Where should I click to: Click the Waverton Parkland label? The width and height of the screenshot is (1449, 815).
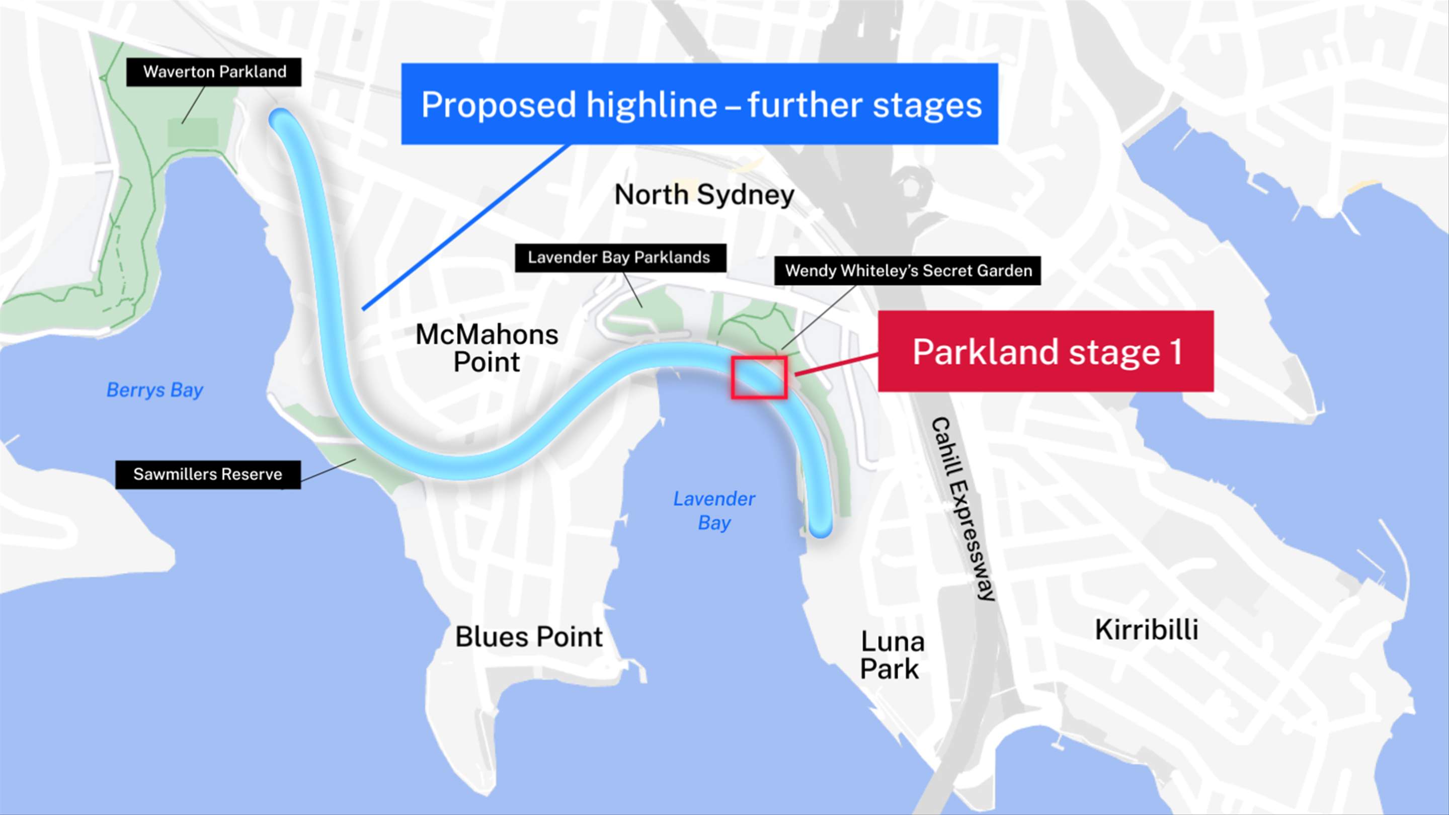[x=214, y=72]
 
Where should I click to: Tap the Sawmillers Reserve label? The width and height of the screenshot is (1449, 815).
[x=208, y=474]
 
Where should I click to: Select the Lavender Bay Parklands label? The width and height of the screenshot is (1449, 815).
[x=619, y=258]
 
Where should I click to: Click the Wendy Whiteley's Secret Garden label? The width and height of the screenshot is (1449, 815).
[x=908, y=271]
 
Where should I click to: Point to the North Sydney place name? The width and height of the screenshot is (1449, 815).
[x=704, y=195]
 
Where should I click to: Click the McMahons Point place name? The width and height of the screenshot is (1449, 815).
[x=487, y=348]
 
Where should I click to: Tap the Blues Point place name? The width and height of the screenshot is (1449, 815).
[x=529, y=637]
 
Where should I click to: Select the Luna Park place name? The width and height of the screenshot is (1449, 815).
[x=892, y=655]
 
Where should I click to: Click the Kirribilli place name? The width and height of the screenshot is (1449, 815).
[x=1146, y=629]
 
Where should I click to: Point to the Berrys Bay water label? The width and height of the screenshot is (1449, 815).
[x=154, y=390]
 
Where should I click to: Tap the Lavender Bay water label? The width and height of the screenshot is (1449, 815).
[x=714, y=511]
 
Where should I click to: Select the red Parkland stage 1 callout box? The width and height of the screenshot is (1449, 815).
[x=1045, y=351]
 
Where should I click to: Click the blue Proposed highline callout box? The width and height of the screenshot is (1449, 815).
[x=699, y=104]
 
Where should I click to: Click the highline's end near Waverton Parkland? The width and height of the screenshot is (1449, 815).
[x=281, y=119]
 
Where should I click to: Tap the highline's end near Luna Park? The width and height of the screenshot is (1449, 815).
[x=821, y=528]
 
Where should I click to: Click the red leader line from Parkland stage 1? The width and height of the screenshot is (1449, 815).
[x=836, y=364]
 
